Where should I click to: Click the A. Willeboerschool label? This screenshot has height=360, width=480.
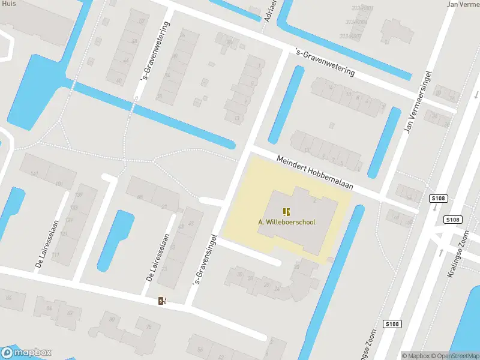[287, 222]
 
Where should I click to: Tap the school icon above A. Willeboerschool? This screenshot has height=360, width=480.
[287, 211]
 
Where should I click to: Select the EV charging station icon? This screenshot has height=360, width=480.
[162, 300]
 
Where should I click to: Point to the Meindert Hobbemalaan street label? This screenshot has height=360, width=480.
[315, 173]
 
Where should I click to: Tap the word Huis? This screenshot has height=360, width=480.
[8, 4]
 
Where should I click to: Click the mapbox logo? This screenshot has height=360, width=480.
[26, 353]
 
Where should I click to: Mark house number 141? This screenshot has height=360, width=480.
[34, 174]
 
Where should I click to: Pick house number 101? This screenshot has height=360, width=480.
[59, 184]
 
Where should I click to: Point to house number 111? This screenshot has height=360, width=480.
[56, 254]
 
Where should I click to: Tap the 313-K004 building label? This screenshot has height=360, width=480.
[356, 22]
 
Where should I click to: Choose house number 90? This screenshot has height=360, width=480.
[112, 319]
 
